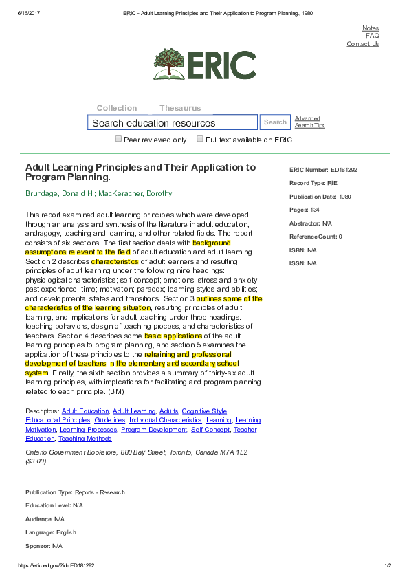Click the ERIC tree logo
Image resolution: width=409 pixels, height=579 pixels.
pos(168,64)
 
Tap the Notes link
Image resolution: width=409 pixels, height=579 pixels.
pos(371,28)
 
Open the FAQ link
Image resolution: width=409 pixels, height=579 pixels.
pos(372,36)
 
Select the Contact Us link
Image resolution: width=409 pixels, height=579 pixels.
pos(362,44)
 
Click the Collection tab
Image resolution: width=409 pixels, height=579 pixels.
pos(117,108)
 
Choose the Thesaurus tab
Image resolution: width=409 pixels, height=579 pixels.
pos(180,108)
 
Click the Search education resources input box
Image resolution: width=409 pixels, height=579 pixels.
pos(172,123)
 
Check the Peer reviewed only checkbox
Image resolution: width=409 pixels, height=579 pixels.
pos(118,139)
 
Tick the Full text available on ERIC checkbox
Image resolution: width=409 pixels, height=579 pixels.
pos(200,139)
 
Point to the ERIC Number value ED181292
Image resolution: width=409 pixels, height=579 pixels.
pos(344,169)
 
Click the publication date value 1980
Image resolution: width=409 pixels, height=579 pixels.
pos(345,197)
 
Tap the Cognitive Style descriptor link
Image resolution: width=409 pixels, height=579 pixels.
pos(204,411)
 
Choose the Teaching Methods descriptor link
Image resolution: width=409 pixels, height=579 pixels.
pos(85,439)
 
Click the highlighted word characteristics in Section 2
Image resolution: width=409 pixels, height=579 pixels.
pos(115,261)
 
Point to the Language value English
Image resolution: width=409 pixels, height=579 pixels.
pos(67,532)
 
